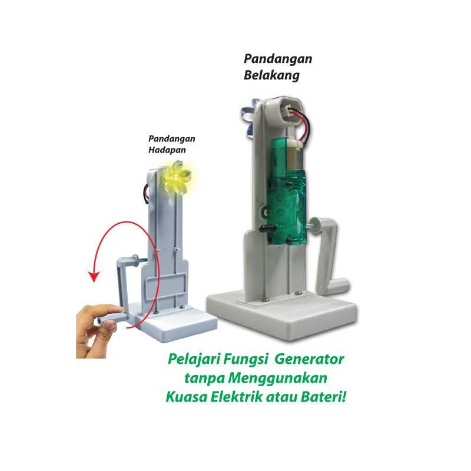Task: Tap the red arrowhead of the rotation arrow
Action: [94, 276]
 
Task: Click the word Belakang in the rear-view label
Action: [271, 75]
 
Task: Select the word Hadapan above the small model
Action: [167, 150]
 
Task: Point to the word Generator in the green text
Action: [310, 359]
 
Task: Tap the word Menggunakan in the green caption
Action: [277, 378]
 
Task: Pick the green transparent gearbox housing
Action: [287, 193]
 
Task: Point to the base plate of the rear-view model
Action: [281, 316]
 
